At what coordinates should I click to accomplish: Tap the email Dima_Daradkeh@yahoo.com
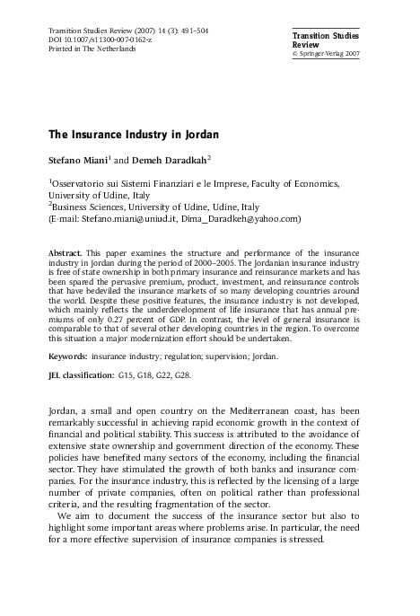pos(244,217)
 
